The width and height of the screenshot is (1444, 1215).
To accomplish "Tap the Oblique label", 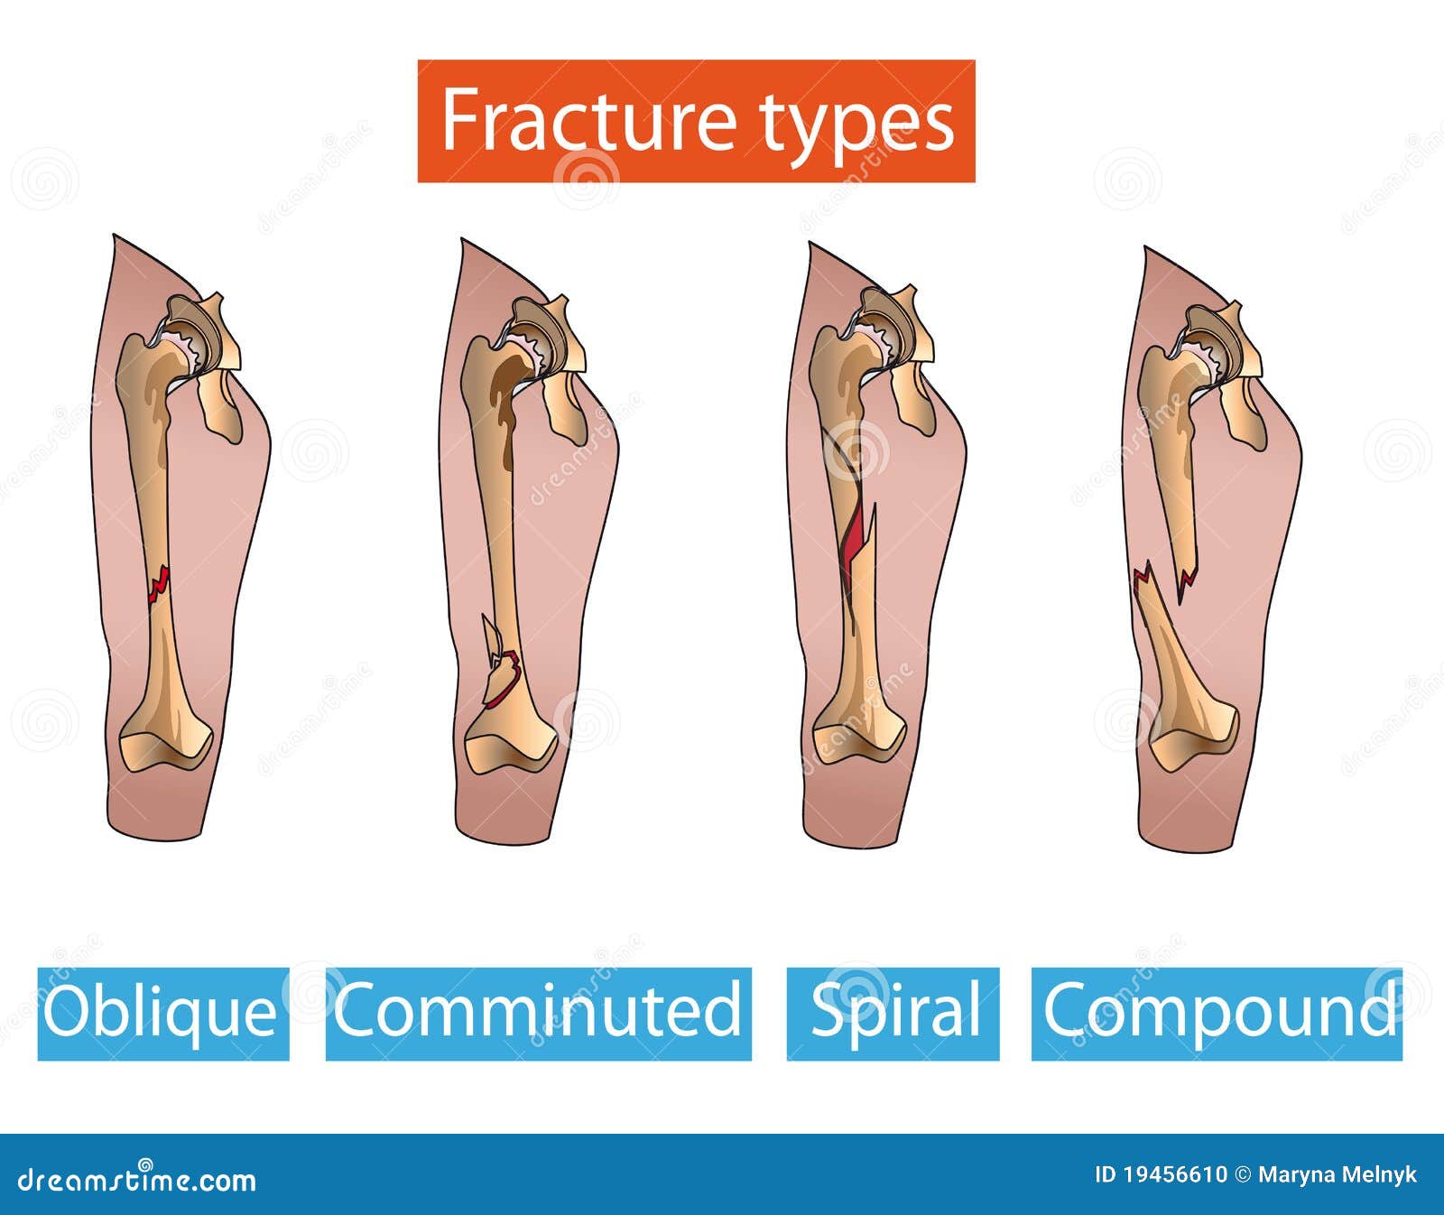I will pos(162,1013).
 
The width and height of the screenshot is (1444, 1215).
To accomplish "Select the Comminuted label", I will pos(538,1013).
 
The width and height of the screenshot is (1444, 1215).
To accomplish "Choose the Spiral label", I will pos(893,1013).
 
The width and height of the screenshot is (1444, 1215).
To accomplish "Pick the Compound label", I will pos(1217,1013).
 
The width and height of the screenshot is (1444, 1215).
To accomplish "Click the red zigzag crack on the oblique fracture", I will pos(159,585).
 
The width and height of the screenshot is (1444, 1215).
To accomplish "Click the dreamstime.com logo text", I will pos(135,1179).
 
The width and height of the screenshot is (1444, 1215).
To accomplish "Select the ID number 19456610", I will pos(1173,1174).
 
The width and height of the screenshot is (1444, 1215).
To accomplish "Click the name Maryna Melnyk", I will pos(1337,1174).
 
